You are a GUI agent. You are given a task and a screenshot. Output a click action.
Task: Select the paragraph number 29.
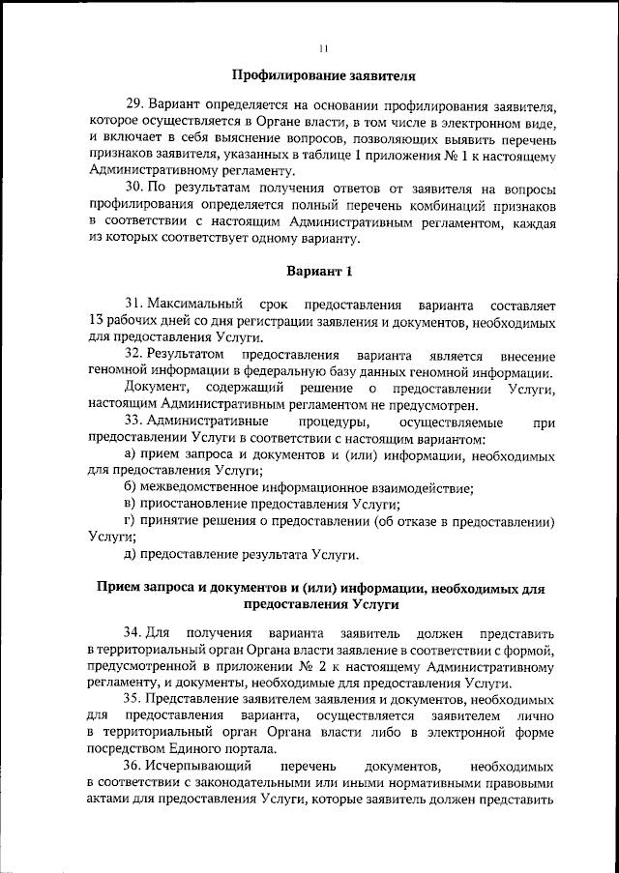[134, 104]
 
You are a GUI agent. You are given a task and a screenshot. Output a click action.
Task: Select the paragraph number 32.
[134, 355]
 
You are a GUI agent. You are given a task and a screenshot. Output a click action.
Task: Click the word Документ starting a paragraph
[154, 389]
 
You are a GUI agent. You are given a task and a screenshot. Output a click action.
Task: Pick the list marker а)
[131, 454]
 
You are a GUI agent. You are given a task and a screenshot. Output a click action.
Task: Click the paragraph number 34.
[134, 631]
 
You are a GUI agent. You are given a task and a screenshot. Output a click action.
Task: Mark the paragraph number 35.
[134, 698]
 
